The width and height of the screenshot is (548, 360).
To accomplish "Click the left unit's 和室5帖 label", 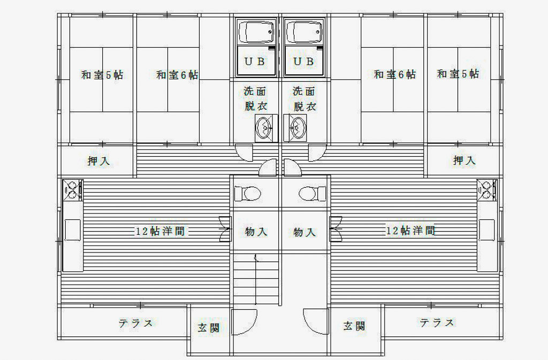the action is coord(102,75).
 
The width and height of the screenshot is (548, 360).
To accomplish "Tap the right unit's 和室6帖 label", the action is coord(395,74).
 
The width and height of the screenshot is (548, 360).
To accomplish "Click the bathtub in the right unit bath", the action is coord(303,32).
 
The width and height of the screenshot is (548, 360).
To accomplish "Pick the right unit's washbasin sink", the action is coord(295,128).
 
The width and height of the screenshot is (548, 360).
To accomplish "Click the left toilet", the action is coord(248,194).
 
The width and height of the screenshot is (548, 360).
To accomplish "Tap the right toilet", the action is coord(312,194).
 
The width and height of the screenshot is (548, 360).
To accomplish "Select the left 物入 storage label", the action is coord(256,232).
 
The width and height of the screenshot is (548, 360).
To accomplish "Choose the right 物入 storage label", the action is coord(305,232).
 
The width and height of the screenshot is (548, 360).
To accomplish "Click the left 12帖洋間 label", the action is coord(160,231).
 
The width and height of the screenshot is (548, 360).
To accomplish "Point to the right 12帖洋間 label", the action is coord(410,230).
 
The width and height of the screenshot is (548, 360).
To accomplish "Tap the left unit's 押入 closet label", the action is coord(98,160).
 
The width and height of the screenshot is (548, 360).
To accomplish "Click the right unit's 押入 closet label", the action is coord(465,160).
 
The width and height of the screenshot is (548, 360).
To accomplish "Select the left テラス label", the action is coord(135,323).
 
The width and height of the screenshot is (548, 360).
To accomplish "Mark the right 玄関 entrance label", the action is coord(354,326).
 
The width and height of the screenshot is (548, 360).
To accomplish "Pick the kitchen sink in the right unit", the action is coord(487,230).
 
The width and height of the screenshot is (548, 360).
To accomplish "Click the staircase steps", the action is coord(256,279).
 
